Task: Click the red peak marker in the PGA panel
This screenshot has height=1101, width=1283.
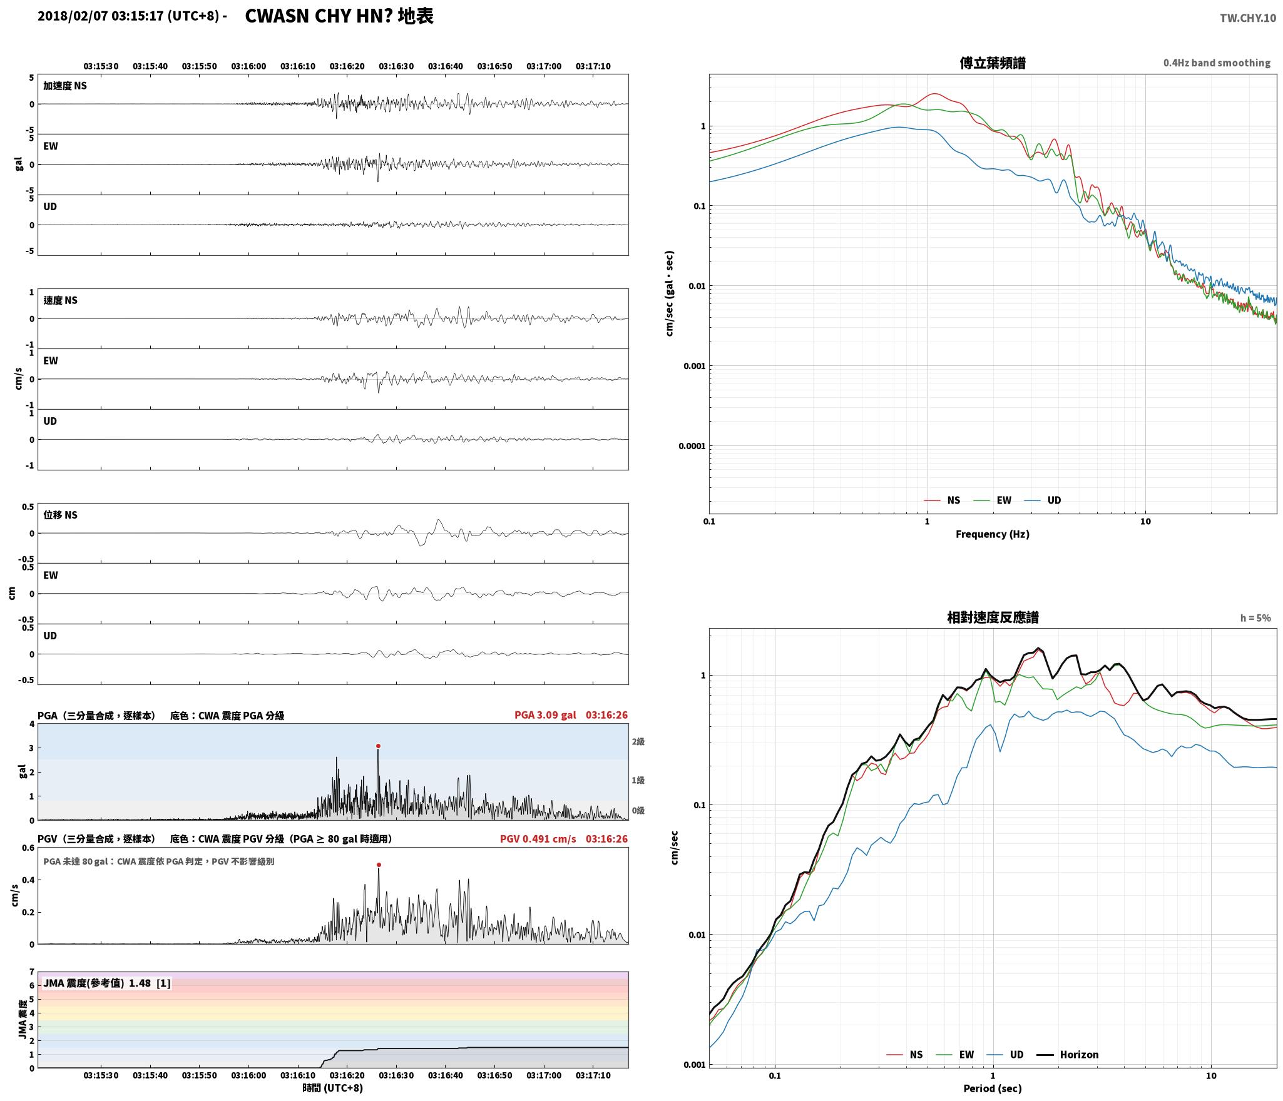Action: [378, 746]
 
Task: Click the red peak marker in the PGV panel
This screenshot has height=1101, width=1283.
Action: [379, 865]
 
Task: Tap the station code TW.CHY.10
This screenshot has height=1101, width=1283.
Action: [1247, 18]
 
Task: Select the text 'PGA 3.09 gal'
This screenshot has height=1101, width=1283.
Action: [545, 715]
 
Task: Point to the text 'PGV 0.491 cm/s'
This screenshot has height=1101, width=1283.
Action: [538, 839]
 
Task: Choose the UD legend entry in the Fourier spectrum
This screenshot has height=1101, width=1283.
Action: [1043, 500]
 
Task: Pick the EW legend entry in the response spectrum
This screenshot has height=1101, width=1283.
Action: [955, 1055]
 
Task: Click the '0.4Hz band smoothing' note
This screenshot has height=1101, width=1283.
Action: [1217, 63]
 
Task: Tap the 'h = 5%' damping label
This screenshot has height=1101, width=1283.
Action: [1255, 618]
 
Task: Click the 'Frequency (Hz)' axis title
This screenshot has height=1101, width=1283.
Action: [992, 534]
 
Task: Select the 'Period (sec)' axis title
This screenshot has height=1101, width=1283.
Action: [993, 1088]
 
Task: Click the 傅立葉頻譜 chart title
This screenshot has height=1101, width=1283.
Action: [993, 63]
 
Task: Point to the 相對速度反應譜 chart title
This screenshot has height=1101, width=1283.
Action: [993, 617]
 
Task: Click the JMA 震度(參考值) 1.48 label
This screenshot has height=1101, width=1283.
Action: [106, 983]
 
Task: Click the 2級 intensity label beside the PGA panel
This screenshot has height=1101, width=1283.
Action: [638, 742]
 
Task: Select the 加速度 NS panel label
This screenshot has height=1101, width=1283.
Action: [65, 86]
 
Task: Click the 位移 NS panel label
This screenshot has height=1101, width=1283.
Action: [60, 515]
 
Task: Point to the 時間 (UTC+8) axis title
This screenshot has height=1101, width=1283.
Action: [333, 1088]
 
